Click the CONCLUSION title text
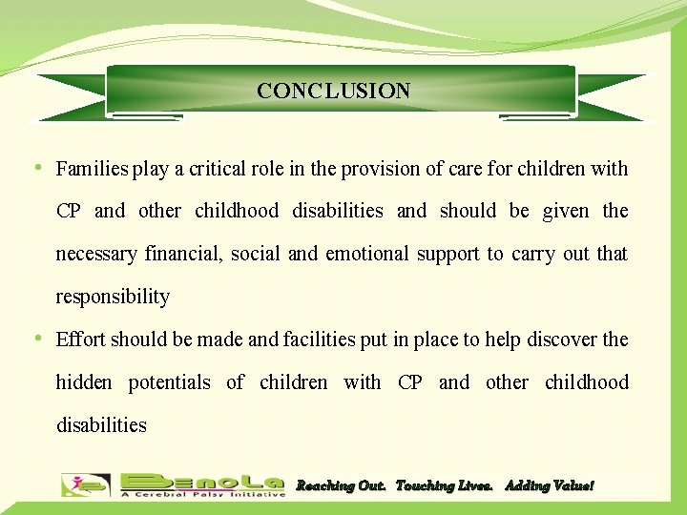pos(333,92)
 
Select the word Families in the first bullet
pos(92,170)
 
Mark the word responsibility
pos(113,298)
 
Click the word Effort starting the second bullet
pos(80,340)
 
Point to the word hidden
pos(84,382)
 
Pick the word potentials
pos(170,383)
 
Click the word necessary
pos(96,255)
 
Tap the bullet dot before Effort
pos(37,339)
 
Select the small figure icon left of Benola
pos(85,485)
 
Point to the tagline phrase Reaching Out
pos(341,486)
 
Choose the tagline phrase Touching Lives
pos(444,486)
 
